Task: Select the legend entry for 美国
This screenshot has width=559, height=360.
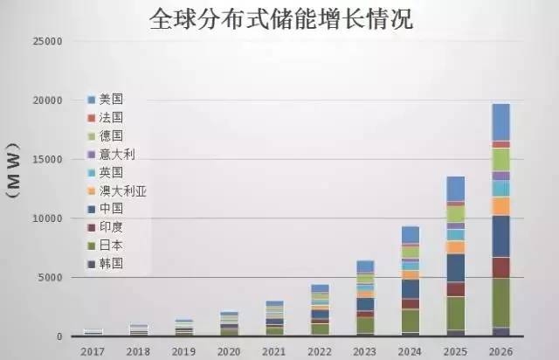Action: coord(111,98)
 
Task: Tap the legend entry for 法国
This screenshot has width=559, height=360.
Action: coord(111,116)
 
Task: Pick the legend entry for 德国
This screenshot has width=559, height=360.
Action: coord(111,135)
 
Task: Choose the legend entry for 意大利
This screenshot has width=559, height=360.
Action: coord(116,154)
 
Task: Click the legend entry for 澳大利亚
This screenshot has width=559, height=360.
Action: coord(121,190)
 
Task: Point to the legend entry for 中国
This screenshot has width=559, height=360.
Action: coord(111,208)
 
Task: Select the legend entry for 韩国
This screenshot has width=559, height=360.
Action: coord(111,262)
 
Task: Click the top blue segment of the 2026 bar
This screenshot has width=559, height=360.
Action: coord(500,121)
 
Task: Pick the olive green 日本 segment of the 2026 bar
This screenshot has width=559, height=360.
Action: coord(500,302)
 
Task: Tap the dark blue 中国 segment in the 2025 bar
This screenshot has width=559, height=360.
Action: coord(455,267)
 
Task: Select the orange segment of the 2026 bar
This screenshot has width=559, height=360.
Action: coord(500,206)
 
